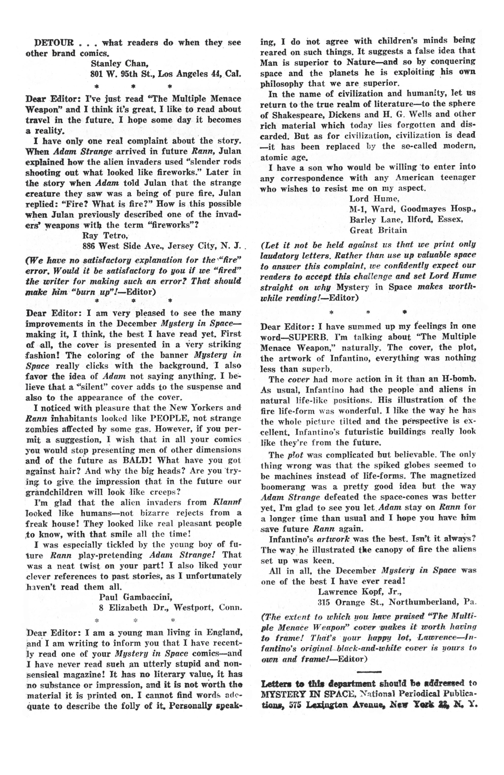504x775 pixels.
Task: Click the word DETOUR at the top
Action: (x=54, y=43)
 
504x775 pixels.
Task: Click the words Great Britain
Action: (x=378, y=230)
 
